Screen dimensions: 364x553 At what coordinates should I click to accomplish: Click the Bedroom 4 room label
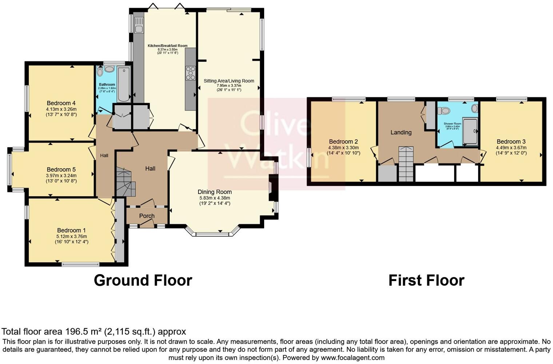[x=61, y=103]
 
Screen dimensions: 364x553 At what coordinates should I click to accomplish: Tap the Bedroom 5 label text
[x=61, y=169]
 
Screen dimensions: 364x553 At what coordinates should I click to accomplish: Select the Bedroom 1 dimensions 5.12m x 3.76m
[x=71, y=236]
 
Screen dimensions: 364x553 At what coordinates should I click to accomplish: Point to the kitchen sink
[x=139, y=25]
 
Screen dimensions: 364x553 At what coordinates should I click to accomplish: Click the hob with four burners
[x=190, y=73]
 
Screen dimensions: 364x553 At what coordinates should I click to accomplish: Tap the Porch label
[x=147, y=216]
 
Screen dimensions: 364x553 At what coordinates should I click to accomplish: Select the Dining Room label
[x=215, y=192]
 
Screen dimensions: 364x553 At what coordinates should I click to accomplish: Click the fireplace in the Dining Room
[x=271, y=187]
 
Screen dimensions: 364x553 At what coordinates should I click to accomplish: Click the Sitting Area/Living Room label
[x=229, y=81]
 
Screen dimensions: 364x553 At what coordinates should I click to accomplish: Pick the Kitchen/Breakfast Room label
[x=167, y=46]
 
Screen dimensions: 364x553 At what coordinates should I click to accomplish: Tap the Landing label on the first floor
[x=401, y=132]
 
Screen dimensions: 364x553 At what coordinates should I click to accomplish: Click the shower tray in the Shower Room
[x=470, y=131]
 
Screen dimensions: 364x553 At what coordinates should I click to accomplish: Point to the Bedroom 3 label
[x=511, y=142]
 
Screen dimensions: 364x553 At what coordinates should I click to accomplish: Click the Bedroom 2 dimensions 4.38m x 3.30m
[x=343, y=148]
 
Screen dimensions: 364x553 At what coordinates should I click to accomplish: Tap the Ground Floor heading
[x=143, y=280]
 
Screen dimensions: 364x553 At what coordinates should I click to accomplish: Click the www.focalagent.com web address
[x=353, y=357]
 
